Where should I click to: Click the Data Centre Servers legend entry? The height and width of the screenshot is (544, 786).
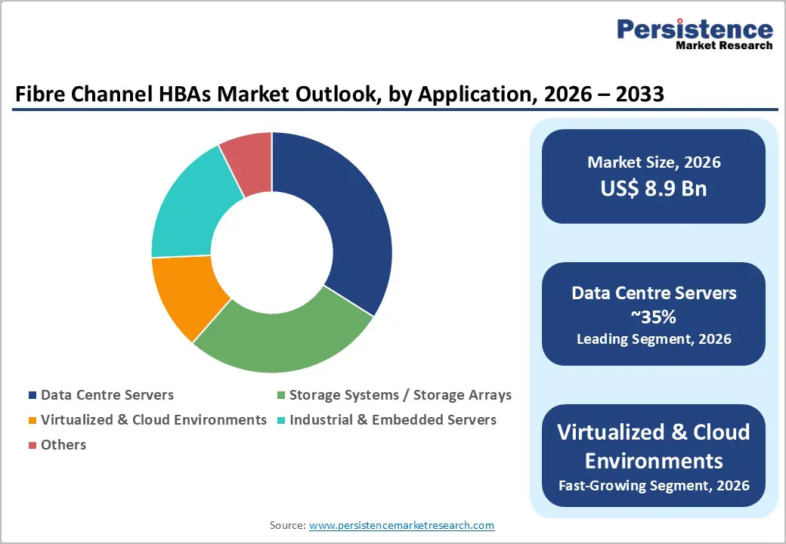coord(107,395)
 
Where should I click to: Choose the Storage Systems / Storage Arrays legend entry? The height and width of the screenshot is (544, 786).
coord(400,395)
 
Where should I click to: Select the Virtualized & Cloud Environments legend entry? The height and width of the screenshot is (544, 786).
coord(153,419)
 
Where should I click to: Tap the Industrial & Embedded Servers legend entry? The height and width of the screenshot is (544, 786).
coord(392,419)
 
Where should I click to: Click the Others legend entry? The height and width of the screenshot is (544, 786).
coord(63,444)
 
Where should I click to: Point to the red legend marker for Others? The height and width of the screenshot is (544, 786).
coord(32,445)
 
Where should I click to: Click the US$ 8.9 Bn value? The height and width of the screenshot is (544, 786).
coord(654,188)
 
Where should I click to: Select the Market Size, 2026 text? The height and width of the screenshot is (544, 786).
coord(654,162)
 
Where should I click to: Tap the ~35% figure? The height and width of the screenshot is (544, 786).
coord(654,316)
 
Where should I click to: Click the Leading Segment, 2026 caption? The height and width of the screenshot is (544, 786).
coord(654,339)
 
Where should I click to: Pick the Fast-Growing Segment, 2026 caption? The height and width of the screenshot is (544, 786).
coord(654,484)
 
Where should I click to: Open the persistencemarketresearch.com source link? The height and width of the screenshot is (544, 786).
coord(401,525)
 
